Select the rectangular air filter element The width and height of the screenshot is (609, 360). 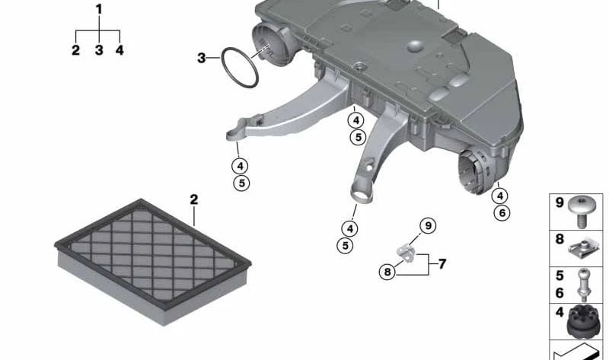coord(153,260)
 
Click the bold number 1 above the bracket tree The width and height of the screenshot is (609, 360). coord(99,9)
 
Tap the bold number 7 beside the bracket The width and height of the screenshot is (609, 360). coord(442,264)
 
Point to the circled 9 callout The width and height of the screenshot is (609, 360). coord(428,225)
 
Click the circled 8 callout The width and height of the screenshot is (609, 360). coord(387,272)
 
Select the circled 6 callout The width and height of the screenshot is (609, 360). coord(502,213)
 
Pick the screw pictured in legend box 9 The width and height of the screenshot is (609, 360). coord(581,211)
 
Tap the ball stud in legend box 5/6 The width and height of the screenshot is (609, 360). coord(582,285)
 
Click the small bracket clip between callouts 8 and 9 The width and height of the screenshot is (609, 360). coord(406,253)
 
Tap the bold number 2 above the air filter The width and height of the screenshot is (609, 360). coord(194,199)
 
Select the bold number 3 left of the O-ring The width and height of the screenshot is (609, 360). coord(201,59)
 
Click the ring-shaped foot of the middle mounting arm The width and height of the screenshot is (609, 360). coord(362,193)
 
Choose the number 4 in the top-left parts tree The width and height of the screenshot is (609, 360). coord(120,49)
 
